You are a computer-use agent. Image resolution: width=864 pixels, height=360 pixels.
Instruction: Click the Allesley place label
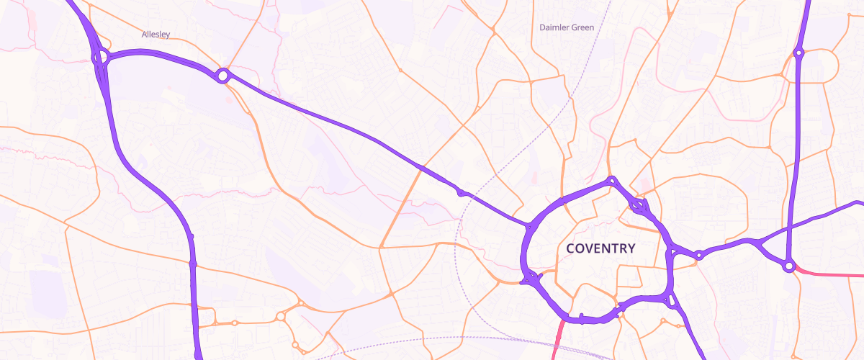pyautogui.click(x=156, y=34)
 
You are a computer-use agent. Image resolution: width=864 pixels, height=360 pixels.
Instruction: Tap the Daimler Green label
pyautogui.click(x=567, y=27)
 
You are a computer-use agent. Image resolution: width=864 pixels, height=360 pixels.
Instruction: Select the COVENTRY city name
pyautogui.click(x=600, y=248)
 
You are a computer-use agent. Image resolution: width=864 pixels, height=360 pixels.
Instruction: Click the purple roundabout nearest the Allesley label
pyautogui.click(x=101, y=56)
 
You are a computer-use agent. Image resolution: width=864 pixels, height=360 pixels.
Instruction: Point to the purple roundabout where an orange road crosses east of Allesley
pyautogui.click(x=222, y=74)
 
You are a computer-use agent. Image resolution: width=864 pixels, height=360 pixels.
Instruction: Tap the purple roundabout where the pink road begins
pyautogui.click(x=789, y=266)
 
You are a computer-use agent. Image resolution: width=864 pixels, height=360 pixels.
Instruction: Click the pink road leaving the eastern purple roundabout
pyautogui.click(x=828, y=274)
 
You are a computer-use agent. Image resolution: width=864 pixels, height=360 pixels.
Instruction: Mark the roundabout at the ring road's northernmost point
pyautogui.click(x=611, y=181)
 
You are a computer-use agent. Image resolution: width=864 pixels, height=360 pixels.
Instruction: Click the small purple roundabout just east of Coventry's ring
pyautogui.click(x=698, y=255)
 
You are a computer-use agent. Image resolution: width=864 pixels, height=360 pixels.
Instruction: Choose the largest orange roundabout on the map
pyautogui.click(x=280, y=316)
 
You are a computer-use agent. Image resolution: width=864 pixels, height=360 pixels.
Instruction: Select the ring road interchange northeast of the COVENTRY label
pyautogui.click(x=639, y=207)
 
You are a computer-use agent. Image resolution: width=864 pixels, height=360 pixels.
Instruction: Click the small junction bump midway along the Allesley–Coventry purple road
pyautogui.click(x=461, y=192)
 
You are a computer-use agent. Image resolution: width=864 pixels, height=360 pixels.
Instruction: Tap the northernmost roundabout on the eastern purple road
pyautogui.click(x=798, y=52)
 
